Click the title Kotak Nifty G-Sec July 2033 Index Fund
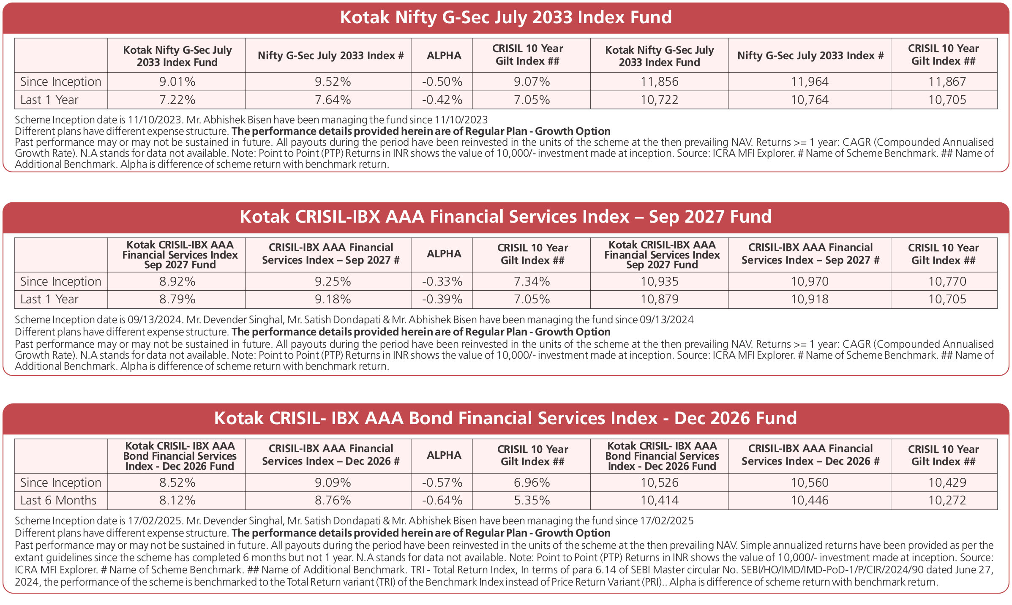(506, 17)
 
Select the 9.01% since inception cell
(177, 82)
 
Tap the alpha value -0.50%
(442, 82)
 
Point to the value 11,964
(810, 82)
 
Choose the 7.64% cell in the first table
(333, 100)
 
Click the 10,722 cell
(659, 100)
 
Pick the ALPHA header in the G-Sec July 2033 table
(444, 56)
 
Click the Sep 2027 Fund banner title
(506, 217)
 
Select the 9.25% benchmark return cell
(333, 281)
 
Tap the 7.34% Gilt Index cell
(532, 281)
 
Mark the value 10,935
(659, 281)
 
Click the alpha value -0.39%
(442, 299)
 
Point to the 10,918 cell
(810, 299)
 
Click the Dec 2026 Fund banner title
(506, 418)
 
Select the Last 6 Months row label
(58, 500)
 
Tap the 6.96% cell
(532, 482)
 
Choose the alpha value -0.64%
(442, 500)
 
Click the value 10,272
(947, 500)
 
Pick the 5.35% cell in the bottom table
(532, 500)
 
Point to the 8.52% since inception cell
(177, 482)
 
